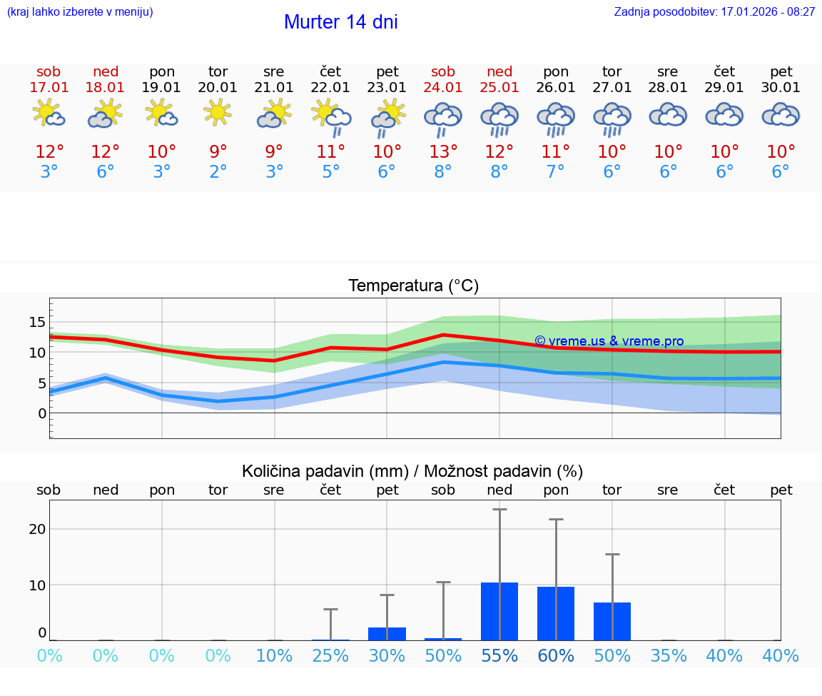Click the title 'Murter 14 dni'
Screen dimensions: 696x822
(x=340, y=22)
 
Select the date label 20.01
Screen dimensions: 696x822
(x=218, y=88)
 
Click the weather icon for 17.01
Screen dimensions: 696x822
(x=49, y=114)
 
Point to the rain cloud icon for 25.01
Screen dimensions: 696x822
(x=499, y=118)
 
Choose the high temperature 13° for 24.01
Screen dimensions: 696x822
(x=443, y=152)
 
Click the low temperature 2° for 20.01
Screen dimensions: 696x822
(x=218, y=172)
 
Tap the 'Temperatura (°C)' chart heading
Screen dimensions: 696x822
(x=413, y=286)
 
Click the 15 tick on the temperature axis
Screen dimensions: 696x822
(x=37, y=322)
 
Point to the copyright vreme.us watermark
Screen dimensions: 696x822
(x=609, y=341)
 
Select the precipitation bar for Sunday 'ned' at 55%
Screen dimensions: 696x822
(x=499, y=612)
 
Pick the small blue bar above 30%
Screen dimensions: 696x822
(x=387, y=634)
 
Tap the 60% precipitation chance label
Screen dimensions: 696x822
(x=556, y=656)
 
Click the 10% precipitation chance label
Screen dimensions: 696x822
(x=274, y=656)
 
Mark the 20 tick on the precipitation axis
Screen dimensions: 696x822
(x=37, y=529)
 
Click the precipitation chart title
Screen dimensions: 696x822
(x=412, y=471)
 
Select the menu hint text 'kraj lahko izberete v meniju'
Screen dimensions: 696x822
(x=80, y=12)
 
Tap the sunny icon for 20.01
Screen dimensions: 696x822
(x=218, y=112)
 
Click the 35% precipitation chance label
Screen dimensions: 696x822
(x=669, y=656)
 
